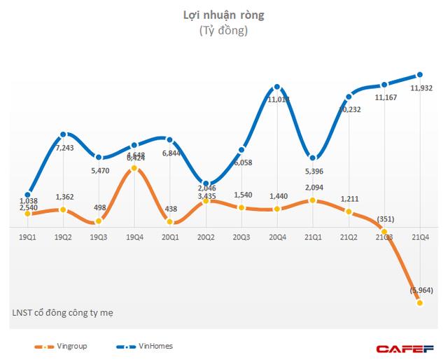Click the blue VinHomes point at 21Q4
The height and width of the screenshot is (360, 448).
pyautogui.click(x=419, y=75)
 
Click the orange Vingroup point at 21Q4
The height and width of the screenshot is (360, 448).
pyautogui.click(x=419, y=303)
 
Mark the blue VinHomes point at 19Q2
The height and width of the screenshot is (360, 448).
pyautogui.click(x=64, y=134)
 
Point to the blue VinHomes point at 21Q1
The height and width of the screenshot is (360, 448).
pyautogui.click(x=313, y=158)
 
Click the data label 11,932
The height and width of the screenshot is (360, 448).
pyautogui.click(x=419, y=89)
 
